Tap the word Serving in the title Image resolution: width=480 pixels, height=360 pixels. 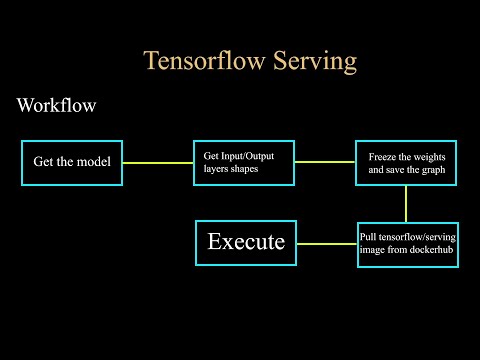(314, 61)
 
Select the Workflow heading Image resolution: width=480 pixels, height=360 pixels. (57, 106)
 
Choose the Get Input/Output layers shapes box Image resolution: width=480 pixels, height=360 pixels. (244, 162)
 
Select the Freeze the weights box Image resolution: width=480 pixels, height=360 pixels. (406, 163)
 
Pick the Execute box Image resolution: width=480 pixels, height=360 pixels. (246, 242)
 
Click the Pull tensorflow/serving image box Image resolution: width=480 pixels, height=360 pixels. (407, 243)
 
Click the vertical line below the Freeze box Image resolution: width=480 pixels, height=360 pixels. (406, 203)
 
